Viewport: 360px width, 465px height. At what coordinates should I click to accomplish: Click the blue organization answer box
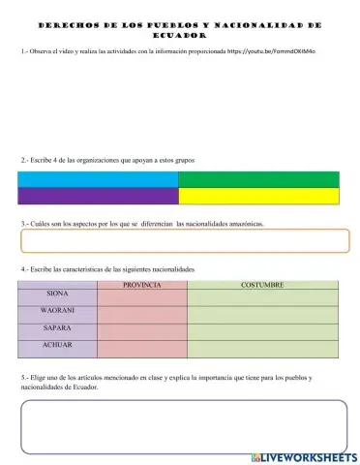tap(98, 179)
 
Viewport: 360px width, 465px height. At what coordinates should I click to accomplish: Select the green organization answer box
tap(258, 179)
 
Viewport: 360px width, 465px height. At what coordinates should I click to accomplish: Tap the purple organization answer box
tap(98, 197)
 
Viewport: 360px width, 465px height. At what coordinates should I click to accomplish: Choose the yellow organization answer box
tap(258, 197)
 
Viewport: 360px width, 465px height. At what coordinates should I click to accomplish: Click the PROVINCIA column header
tap(142, 285)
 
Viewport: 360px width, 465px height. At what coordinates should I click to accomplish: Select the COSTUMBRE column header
tap(262, 285)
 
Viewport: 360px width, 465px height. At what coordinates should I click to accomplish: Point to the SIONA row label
tap(57, 294)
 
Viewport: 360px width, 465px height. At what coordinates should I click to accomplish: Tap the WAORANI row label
tap(57, 310)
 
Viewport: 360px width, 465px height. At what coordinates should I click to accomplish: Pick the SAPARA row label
tap(57, 327)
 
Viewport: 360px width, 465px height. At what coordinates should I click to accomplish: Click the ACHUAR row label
tap(57, 345)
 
